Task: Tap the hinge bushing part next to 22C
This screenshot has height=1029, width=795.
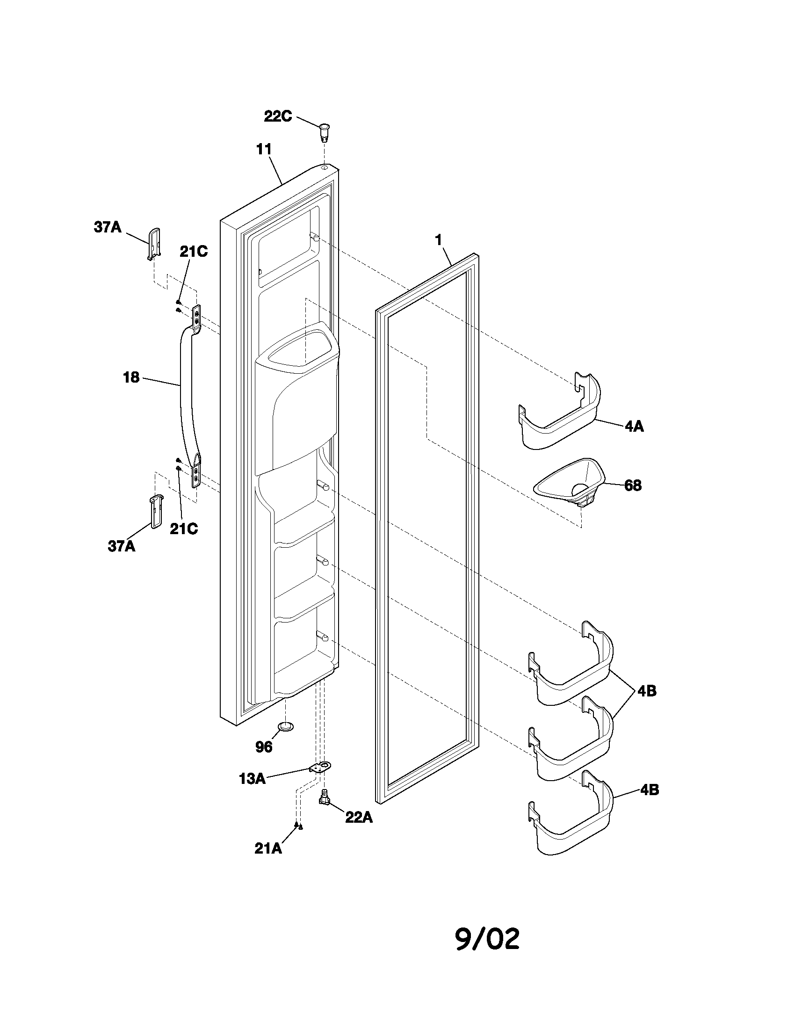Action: coord(325,132)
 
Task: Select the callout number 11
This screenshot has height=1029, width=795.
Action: coord(264,149)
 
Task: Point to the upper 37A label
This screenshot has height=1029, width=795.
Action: coord(108,227)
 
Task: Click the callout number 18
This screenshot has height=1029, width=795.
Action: coord(131,377)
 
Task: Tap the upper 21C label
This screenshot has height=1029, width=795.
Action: coord(194,252)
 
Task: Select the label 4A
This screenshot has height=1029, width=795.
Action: coord(634,427)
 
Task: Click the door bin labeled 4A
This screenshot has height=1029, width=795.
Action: coord(560,417)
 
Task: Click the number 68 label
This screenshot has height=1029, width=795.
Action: coord(633,485)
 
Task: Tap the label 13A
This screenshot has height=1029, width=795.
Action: coord(252,779)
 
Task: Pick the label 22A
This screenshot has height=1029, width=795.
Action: coord(359,818)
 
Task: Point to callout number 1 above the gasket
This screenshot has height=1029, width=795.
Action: coord(439,240)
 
